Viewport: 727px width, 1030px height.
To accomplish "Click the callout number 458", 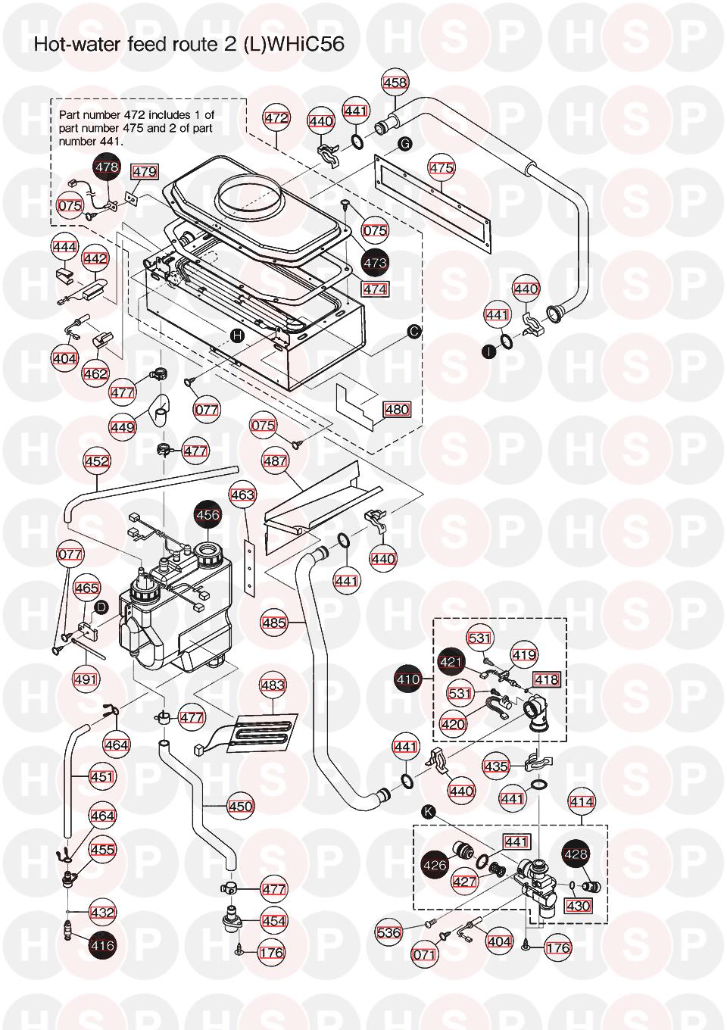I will [x=395, y=83].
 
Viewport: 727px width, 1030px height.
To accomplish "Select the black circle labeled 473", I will [x=375, y=263].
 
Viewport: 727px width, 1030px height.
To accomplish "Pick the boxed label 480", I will [x=397, y=410].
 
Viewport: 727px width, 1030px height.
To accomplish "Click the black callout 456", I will [x=208, y=515].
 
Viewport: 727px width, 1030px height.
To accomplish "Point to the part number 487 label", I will [x=275, y=461].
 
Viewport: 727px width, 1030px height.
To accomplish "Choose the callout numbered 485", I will [x=274, y=623].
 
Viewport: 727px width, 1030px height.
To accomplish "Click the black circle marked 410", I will [x=408, y=679].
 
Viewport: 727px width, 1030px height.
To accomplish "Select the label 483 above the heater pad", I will [x=273, y=685].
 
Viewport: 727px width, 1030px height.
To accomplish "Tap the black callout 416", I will [x=102, y=945].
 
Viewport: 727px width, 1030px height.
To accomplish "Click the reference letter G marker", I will [x=404, y=143].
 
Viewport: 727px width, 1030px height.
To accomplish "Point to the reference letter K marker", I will [x=429, y=812].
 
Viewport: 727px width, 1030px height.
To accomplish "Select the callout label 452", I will [x=97, y=460].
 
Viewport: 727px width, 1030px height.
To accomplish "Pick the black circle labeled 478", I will [x=107, y=167].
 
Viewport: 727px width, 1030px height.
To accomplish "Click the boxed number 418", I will [x=546, y=679].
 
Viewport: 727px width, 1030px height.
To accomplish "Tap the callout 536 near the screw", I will [x=388, y=932].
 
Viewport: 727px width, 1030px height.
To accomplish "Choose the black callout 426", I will [x=435, y=864].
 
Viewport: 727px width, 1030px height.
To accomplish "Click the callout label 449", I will [x=123, y=427].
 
